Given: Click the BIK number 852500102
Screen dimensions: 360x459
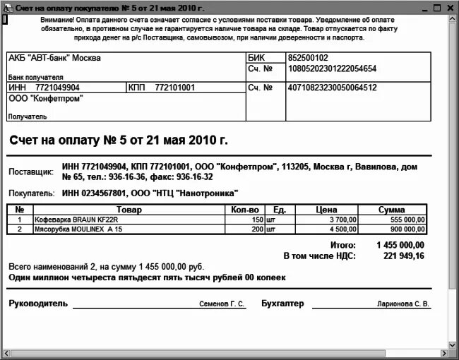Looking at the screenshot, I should pos(308,58).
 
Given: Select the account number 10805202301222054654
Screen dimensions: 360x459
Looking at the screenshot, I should pos(332,69).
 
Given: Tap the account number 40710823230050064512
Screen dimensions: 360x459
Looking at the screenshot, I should pos(332,88).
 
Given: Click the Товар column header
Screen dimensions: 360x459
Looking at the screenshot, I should pos(129,210).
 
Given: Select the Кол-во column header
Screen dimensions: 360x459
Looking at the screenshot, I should pos(246,210).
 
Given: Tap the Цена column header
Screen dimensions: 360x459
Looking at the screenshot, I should pos(326,210).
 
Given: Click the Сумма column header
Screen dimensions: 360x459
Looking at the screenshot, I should pos(391,210).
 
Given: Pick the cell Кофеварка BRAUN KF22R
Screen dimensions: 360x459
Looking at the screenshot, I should pos(66,220).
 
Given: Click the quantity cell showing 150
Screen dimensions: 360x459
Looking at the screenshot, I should pos(258,220).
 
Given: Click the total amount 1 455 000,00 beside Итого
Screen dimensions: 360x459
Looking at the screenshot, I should pos(400,245).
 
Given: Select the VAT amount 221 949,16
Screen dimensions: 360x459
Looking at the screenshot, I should pos(404,256).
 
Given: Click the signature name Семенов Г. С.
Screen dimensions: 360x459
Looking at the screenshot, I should pos(222,304).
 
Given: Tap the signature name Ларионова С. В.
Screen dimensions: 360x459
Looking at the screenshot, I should pos(403,304).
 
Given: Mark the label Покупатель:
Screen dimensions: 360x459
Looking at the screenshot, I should pos(31,193).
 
